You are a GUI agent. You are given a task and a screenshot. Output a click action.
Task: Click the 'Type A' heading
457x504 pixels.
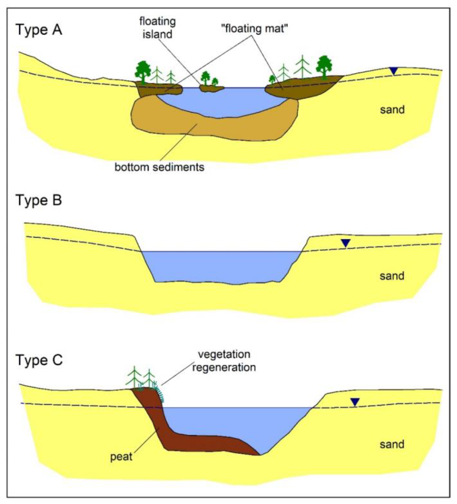click(39, 30)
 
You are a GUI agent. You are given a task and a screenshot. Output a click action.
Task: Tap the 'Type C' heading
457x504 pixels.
click(39, 360)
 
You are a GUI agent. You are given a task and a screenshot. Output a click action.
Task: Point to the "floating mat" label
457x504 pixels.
click(254, 28)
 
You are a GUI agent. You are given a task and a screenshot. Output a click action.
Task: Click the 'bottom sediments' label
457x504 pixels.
click(159, 167)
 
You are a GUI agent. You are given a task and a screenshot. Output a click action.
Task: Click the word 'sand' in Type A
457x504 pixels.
click(392, 109)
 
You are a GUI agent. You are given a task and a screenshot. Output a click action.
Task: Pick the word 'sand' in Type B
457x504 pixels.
click(392, 276)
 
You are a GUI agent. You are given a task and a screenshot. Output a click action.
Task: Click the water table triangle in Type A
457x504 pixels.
click(394, 71)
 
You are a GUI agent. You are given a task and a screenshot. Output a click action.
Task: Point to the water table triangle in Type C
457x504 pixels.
click(355, 402)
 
